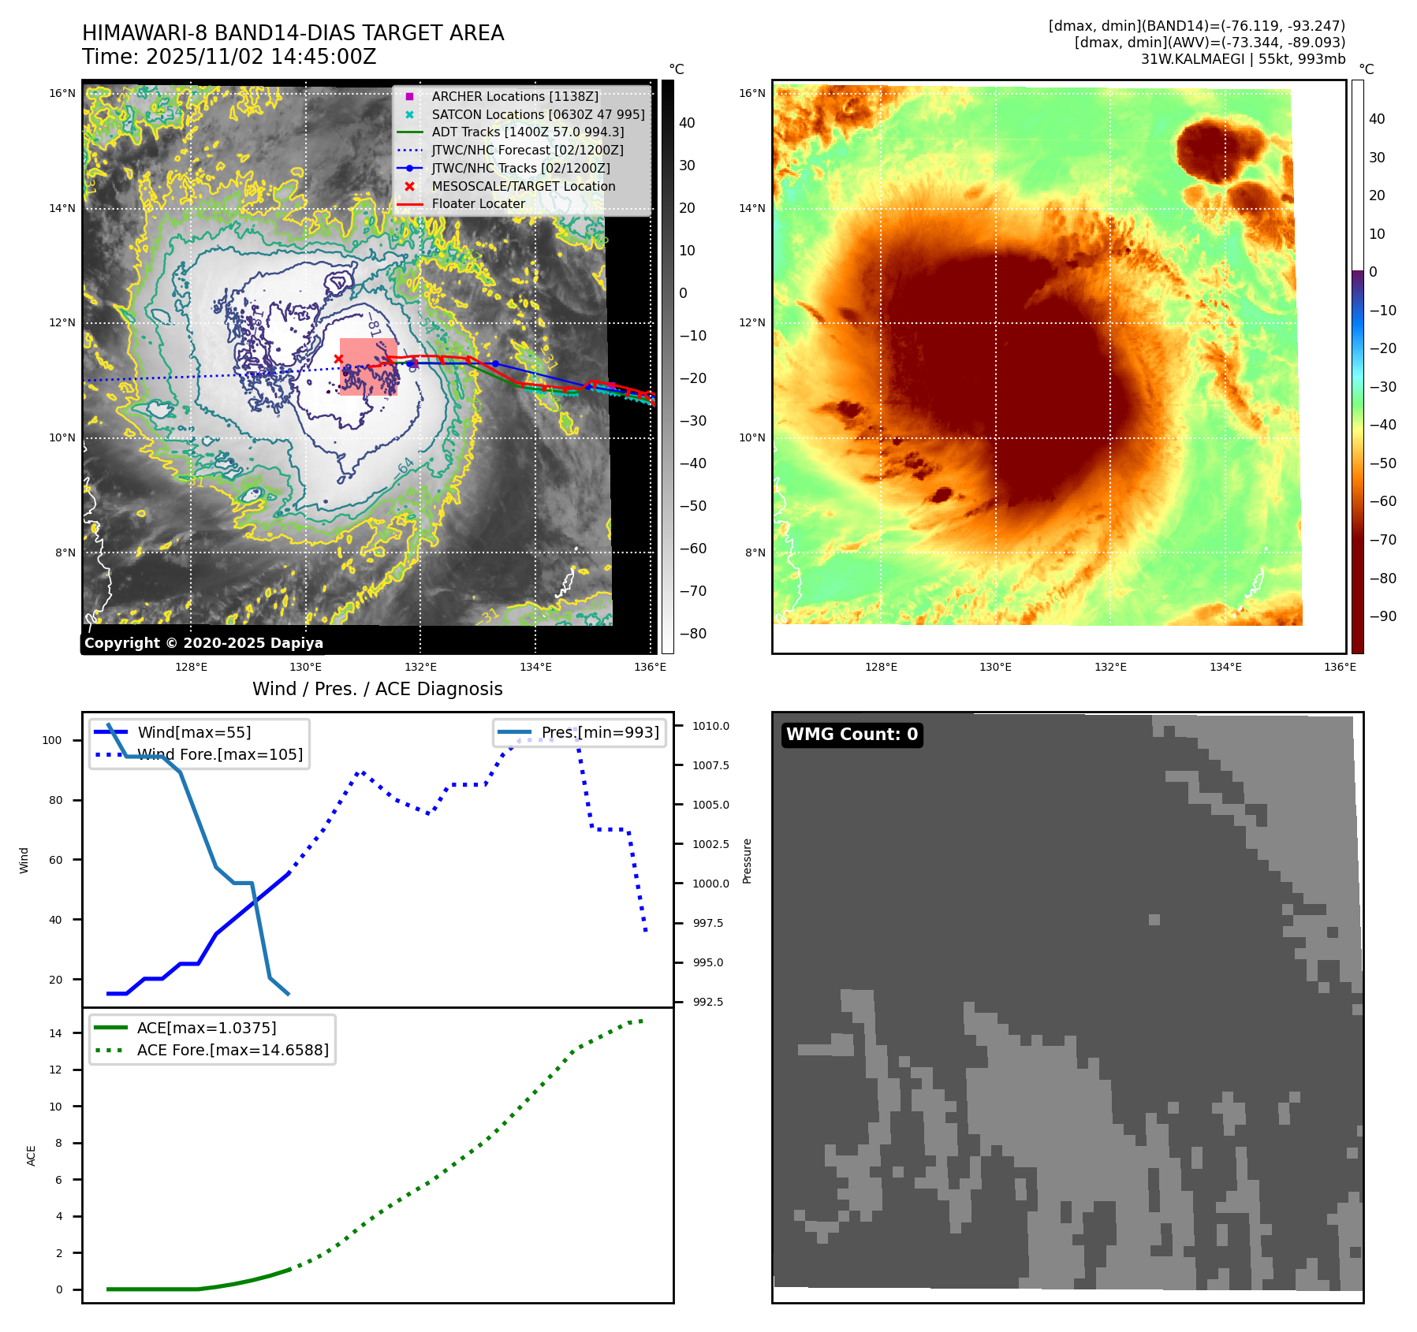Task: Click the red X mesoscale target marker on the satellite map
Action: pos(338,359)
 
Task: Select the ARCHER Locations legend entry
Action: pos(514,96)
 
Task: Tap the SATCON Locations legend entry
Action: pos(538,114)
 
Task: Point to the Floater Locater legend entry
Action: pos(478,203)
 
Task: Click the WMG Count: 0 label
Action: pos(852,735)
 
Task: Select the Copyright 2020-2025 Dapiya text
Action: pos(203,643)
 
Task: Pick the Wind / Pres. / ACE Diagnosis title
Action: pos(377,689)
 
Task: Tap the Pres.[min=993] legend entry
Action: pos(599,732)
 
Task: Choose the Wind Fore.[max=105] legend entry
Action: pos(219,754)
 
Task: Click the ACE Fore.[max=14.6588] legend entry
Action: pos(232,1050)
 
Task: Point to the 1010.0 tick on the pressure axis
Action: pos(710,726)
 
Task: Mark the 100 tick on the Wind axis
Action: pos(52,740)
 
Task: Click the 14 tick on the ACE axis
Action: pos(55,1033)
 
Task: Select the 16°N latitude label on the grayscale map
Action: pos(62,93)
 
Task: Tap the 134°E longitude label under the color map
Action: pos(1225,667)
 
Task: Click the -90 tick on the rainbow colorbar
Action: pos(1382,616)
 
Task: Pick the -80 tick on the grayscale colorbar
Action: pos(693,634)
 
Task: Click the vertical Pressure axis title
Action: pos(747,861)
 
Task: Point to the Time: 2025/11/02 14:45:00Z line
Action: pos(229,57)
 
